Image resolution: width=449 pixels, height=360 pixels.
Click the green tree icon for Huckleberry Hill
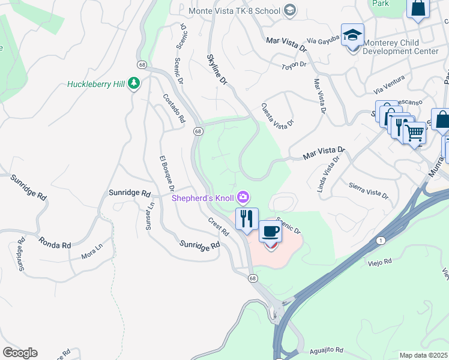click(135, 84)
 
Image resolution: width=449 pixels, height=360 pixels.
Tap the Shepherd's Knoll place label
click(203, 197)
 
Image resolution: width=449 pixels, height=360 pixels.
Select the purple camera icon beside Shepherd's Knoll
click(243, 197)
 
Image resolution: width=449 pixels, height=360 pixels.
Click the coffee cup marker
click(270, 231)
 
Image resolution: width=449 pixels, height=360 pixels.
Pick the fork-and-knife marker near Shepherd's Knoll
click(246, 218)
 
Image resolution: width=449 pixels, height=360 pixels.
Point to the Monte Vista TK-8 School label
click(235, 10)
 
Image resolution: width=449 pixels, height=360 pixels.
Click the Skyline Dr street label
click(217, 68)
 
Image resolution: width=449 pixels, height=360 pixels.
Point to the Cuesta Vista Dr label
click(277, 114)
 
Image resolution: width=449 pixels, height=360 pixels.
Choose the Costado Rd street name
click(174, 109)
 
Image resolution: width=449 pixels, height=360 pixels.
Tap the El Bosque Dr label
click(166, 174)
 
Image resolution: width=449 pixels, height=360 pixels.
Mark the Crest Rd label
click(219, 226)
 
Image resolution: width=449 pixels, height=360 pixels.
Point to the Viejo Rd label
click(379, 262)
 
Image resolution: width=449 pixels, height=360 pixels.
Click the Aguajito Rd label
click(327, 349)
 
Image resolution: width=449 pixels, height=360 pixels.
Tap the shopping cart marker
click(414, 133)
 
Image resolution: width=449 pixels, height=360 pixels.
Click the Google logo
click(20, 353)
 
